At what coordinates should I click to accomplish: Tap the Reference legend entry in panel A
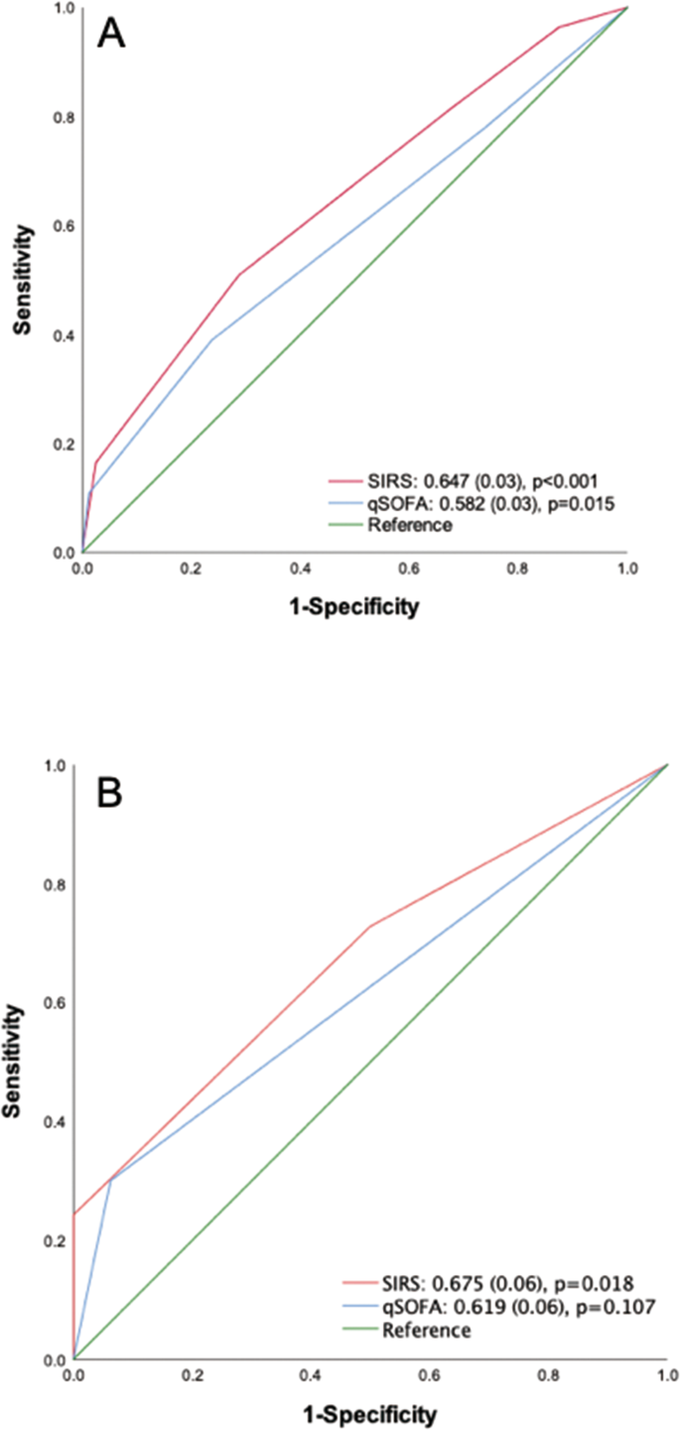pyautogui.click(x=409, y=525)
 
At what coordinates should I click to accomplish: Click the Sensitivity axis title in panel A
pyautogui.click(x=27, y=280)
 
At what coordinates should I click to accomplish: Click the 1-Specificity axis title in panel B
pyautogui.click(x=369, y=1413)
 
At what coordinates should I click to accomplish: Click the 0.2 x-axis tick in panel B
pyautogui.click(x=193, y=1377)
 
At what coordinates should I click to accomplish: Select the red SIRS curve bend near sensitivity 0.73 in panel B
pyautogui.click(x=370, y=926)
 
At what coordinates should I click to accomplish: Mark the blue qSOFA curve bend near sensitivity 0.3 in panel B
pyautogui.click(x=110, y=1179)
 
